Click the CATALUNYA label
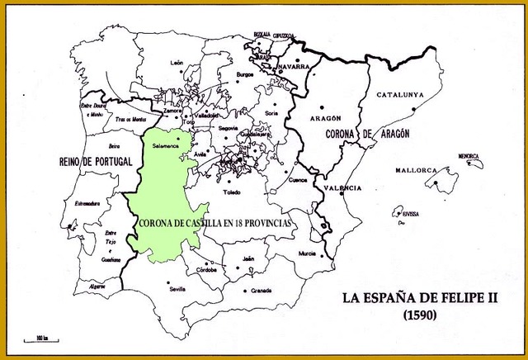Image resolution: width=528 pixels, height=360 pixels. coord(400,95)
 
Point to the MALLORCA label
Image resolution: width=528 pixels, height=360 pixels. coord(415,170)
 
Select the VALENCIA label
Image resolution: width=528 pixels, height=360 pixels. coord(342,189)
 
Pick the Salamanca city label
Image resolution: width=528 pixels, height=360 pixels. coord(167,144)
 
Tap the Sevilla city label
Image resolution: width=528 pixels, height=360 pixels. coord(176,289)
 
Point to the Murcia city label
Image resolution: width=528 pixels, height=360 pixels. coord(307,253)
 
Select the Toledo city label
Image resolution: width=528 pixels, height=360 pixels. coord(232,192)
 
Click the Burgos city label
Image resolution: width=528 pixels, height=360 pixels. coord(245,74)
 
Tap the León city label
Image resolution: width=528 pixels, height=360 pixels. coord(177,63)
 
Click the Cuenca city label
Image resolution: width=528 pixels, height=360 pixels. coord(299,178)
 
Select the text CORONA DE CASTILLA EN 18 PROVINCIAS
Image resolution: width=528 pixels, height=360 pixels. coord(217,223)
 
